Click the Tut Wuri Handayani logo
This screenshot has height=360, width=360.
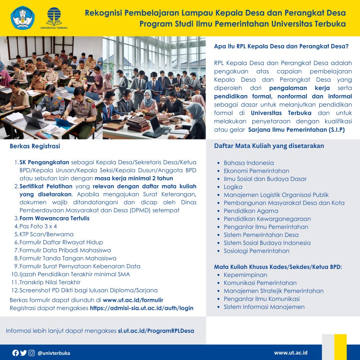pyautogui.click(x=23, y=18)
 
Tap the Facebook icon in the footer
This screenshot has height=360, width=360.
pyautogui.click(x=15, y=353)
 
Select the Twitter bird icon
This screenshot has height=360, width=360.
pyautogui.click(x=24, y=353)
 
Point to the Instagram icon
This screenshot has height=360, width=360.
pyautogui.click(x=32, y=353)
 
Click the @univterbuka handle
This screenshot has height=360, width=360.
pyautogui.click(x=54, y=353)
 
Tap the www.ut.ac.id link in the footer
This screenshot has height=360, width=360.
pyautogui.click(x=291, y=353)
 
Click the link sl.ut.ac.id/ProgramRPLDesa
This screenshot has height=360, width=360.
pyautogui.click(x=156, y=331)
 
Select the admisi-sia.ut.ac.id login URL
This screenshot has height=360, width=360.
pyautogui.click(x=141, y=308)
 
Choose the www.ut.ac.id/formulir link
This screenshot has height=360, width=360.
pyautogui.click(x=133, y=300)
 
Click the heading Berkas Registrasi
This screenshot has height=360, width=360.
pyautogui.click(x=35, y=146)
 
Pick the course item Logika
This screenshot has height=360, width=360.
pyautogui.click(x=233, y=187)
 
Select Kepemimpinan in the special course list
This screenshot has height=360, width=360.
pyautogui.click(x=245, y=275)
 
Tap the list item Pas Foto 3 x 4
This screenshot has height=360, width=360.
pyautogui.click(x=38, y=226)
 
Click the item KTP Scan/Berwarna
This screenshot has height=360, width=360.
pyautogui.click(x=46, y=234)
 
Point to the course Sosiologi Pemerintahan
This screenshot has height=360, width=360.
pyautogui.click(x=256, y=251)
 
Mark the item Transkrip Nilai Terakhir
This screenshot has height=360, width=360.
pyautogui.click(x=50, y=282)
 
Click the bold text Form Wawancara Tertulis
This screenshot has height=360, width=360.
pyautogui.click(x=54, y=218)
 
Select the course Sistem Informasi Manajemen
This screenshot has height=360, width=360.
pyautogui.click(x=264, y=307)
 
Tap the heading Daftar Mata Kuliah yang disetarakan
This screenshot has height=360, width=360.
pyautogui.click(x=269, y=146)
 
